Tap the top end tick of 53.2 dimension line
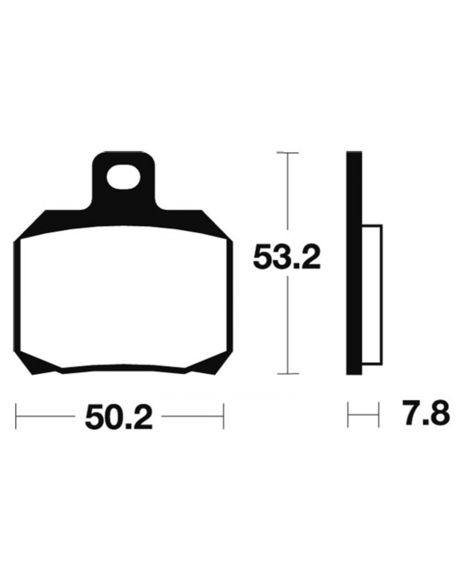click(288, 153)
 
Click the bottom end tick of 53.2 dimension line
click(288, 374)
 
